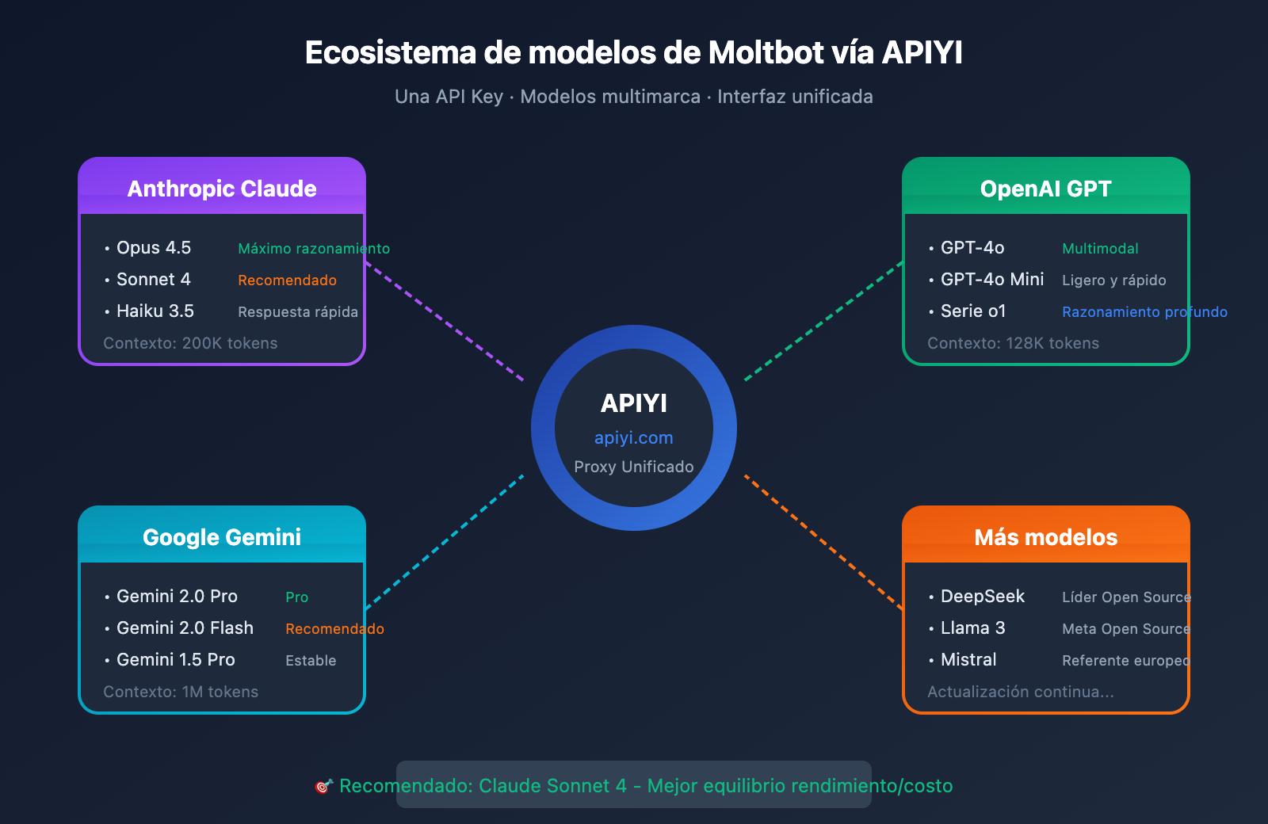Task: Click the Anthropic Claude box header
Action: click(x=222, y=188)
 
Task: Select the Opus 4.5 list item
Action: click(x=153, y=248)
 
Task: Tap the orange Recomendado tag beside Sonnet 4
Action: click(x=287, y=280)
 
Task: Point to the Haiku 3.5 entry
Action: click(x=155, y=311)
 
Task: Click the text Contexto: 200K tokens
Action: click(x=190, y=343)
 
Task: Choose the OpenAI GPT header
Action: click(x=1045, y=188)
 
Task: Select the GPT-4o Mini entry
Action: click(x=991, y=280)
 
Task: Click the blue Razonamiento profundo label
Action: click(x=1144, y=312)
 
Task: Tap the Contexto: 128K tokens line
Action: click(x=1013, y=343)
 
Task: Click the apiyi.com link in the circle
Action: click(x=633, y=438)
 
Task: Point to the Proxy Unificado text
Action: click(x=633, y=467)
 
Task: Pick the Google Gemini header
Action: click(x=222, y=536)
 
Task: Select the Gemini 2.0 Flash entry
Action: click(x=185, y=628)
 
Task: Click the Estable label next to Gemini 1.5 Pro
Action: click(x=311, y=661)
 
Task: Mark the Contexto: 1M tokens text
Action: click(x=181, y=692)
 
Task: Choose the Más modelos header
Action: click(x=1045, y=536)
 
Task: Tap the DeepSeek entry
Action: click(x=982, y=597)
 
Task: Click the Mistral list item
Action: click(x=968, y=660)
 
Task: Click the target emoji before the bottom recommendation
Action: click(x=323, y=786)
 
